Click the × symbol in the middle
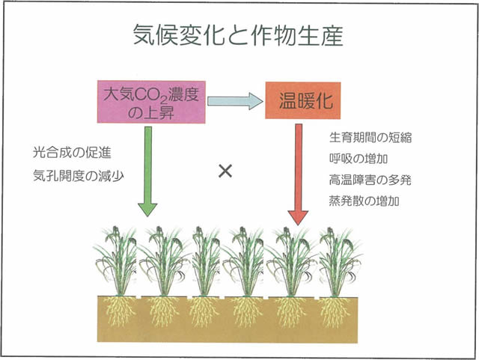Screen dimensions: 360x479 tap(225, 171)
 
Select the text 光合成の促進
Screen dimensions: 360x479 tap(72, 154)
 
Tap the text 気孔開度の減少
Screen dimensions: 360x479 tap(78, 176)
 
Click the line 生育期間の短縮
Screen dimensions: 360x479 tap(370, 138)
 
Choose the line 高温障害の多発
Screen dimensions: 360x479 tap(370, 180)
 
